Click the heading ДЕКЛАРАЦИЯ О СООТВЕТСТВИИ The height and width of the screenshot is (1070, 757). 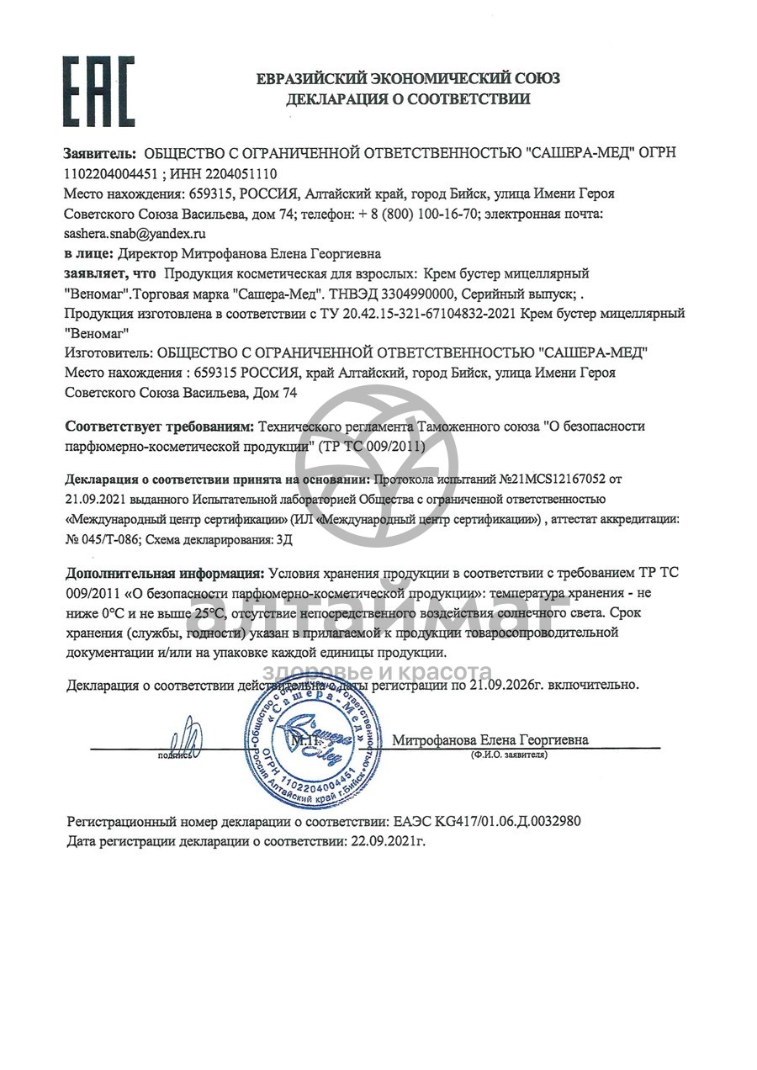408,99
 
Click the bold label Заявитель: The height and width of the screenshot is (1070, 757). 100,153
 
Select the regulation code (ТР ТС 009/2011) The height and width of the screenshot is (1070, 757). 373,445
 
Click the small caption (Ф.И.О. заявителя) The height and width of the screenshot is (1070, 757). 510,755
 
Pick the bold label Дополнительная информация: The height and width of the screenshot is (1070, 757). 165,574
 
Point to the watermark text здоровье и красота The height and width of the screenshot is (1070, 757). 378,671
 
